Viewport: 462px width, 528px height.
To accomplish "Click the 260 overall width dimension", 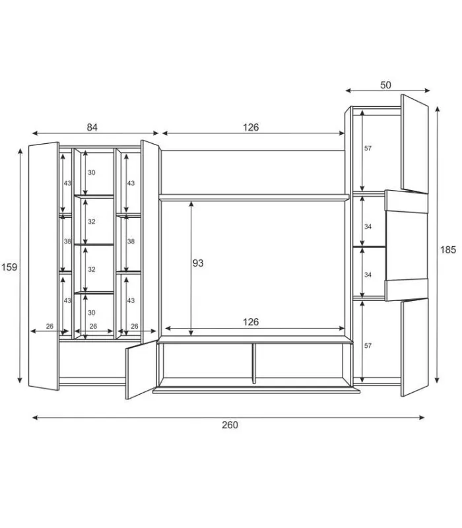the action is click(x=230, y=425).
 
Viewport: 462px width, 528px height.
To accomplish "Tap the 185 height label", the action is click(x=448, y=249).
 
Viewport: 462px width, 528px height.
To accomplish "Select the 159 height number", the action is click(x=9, y=267).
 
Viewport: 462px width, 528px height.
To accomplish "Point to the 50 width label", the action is click(x=385, y=85).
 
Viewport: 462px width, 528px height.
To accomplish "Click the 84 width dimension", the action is click(x=92, y=127).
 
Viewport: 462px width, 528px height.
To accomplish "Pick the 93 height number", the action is click(x=198, y=263).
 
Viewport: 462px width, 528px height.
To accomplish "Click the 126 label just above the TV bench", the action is click(x=251, y=322).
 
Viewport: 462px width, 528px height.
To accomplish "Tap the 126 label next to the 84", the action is click(x=251, y=127).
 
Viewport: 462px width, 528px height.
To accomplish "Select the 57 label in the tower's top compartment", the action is click(x=368, y=148).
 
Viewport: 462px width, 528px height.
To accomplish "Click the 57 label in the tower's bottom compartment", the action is click(x=368, y=345).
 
